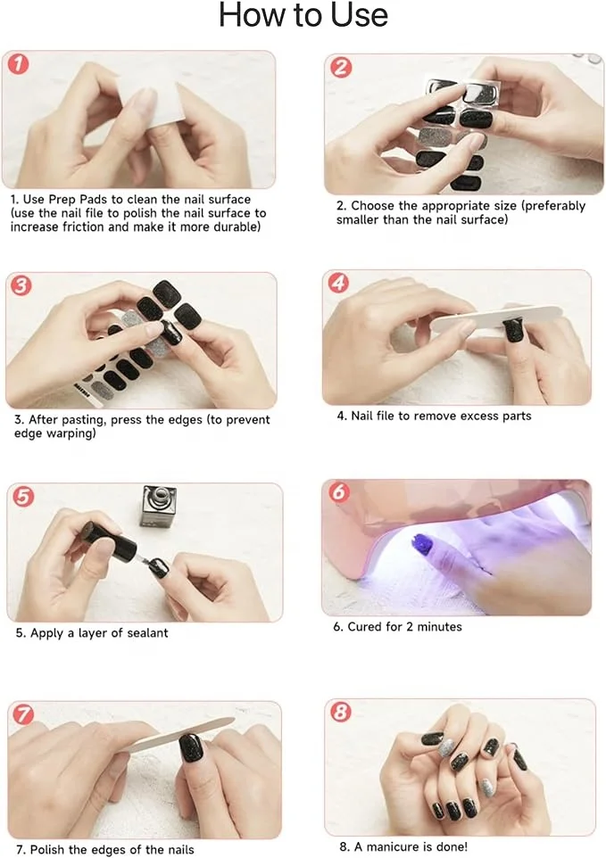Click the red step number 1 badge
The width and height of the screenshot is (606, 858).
(x=19, y=64)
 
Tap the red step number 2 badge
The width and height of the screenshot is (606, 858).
(x=341, y=67)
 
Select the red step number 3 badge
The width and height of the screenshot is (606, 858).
(x=21, y=285)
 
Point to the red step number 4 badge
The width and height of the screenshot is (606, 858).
(x=339, y=283)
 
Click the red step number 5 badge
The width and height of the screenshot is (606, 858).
(x=23, y=496)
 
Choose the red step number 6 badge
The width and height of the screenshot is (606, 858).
(x=339, y=492)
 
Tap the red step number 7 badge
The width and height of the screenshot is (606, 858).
(x=23, y=714)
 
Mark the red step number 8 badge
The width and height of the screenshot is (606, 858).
(x=341, y=712)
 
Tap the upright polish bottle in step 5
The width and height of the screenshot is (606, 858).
(x=158, y=507)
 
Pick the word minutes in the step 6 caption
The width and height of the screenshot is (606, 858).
(x=439, y=626)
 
